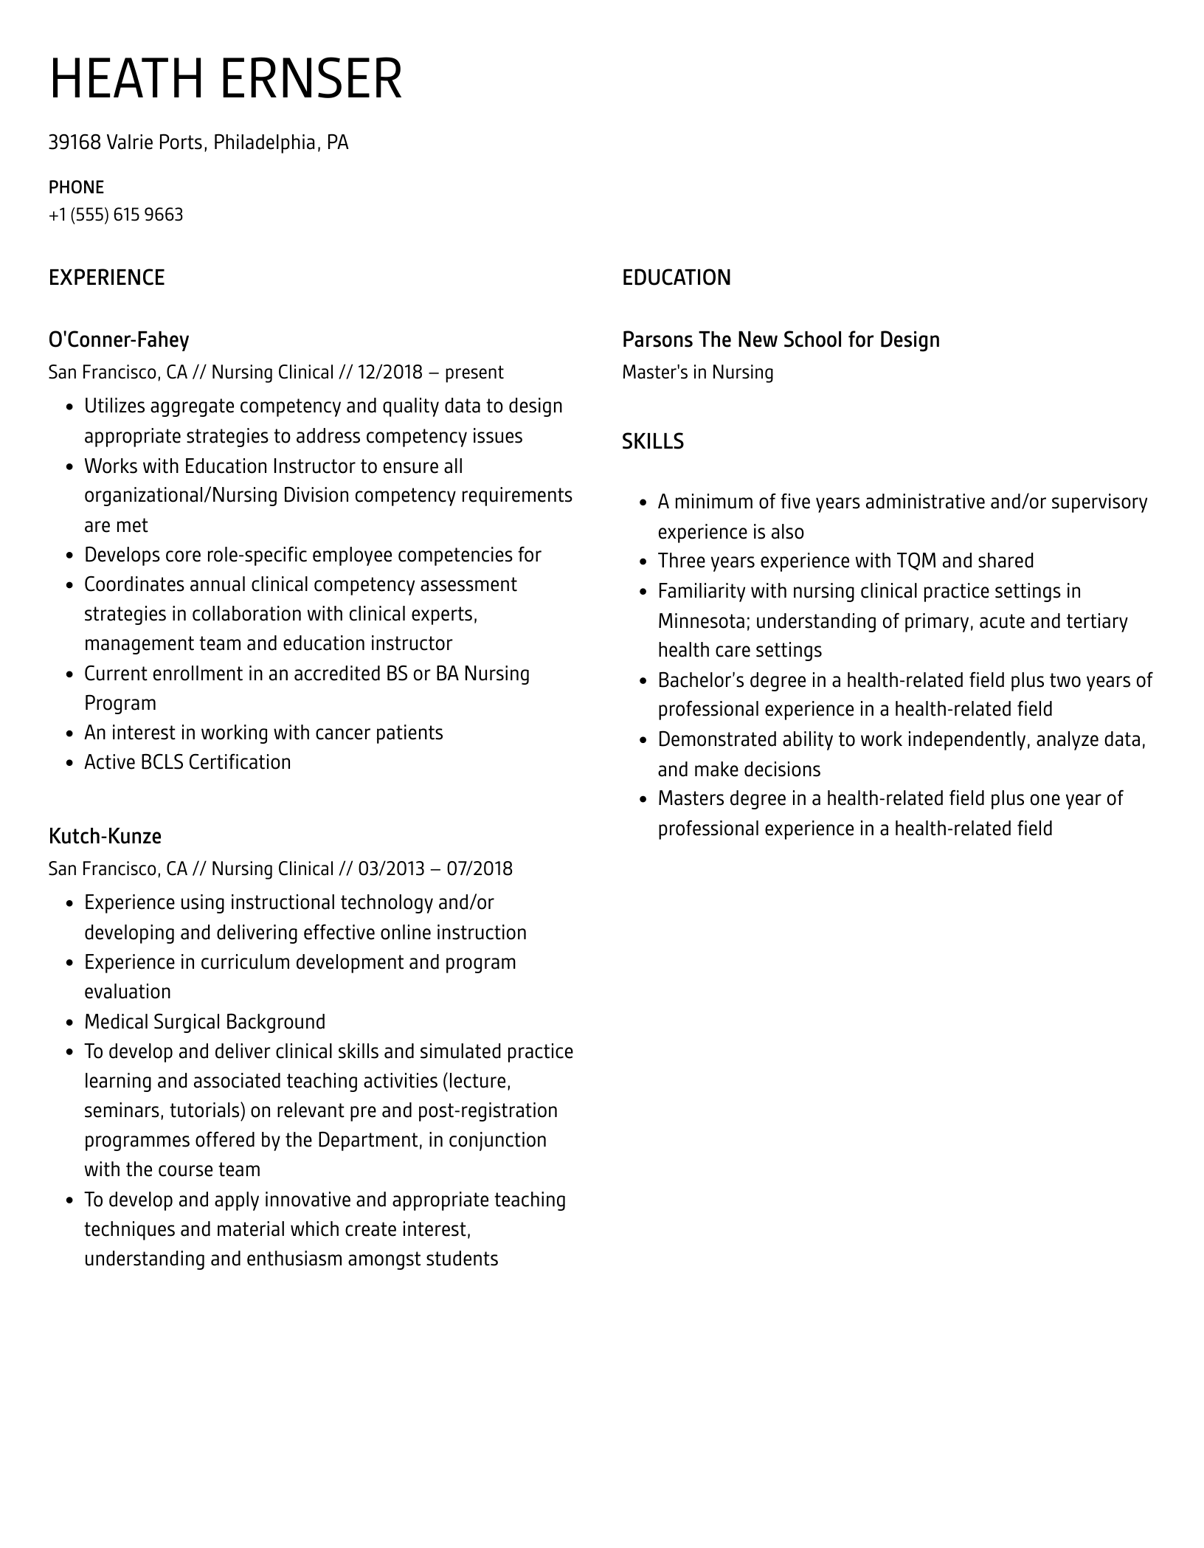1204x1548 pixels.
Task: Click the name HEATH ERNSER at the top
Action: (x=225, y=79)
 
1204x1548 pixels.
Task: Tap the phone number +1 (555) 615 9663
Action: (x=116, y=215)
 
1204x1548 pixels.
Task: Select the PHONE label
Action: (x=76, y=187)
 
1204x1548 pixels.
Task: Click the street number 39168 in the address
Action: (x=74, y=142)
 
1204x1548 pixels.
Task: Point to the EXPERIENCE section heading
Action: (x=106, y=277)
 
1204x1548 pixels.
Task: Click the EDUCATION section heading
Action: (x=676, y=277)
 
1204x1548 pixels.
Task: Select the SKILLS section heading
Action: (x=652, y=441)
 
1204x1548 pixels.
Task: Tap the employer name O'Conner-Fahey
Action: (x=119, y=339)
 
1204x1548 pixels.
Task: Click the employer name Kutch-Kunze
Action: (x=105, y=836)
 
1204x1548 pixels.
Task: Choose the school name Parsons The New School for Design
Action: (x=781, y=339)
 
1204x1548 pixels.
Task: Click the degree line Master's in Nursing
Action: (x=697, y=372)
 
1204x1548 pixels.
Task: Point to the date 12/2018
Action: (x=390, y=372)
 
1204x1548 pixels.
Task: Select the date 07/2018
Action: (x=480, y=868)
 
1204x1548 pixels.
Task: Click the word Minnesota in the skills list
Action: (x=703, y=621)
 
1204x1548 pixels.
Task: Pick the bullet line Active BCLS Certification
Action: (x=187, y=762)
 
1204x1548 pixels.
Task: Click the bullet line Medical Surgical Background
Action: (x=204, y=1022)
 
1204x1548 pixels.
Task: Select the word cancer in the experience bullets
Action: (x=342, y=733)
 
